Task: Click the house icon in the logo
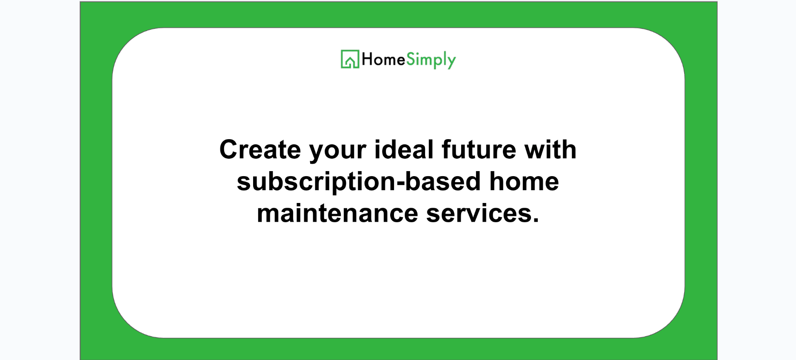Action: [350, 59]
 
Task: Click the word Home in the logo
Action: [383, 59]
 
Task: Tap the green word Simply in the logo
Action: [431, 60]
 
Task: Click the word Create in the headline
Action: [260, 149]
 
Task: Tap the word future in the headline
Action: [479, 149]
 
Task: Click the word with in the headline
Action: [551, 149]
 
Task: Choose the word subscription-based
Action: [359, 182]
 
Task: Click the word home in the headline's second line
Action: [524, 181]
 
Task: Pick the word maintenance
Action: [338, 213]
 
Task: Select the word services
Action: [479, 213]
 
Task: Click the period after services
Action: [535, 220]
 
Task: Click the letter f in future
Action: [447, 149]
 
